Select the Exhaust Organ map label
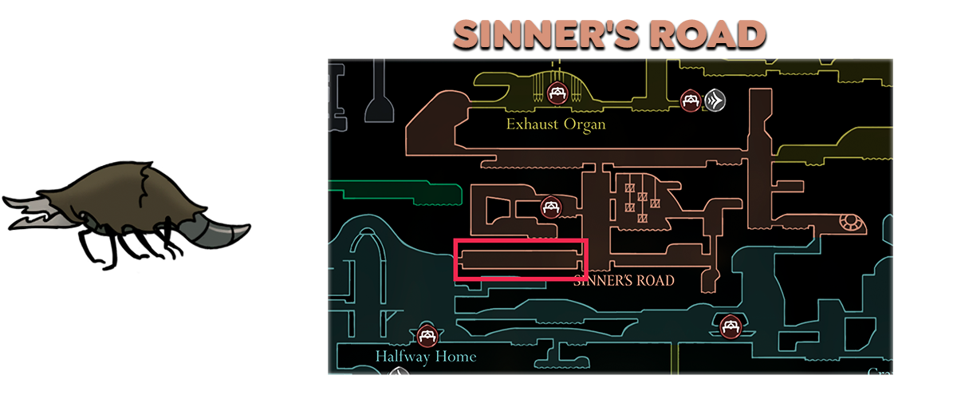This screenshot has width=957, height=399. coord(556,124)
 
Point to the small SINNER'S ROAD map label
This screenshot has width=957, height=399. coord(624,280)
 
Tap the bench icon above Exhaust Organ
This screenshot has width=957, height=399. coord(557,94)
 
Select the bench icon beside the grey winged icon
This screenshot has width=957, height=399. coord(691,100)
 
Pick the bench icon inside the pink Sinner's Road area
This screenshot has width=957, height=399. coord(549,207)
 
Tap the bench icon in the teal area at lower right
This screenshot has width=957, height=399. coord(730,326)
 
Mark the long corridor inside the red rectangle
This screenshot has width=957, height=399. coord(518,259)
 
